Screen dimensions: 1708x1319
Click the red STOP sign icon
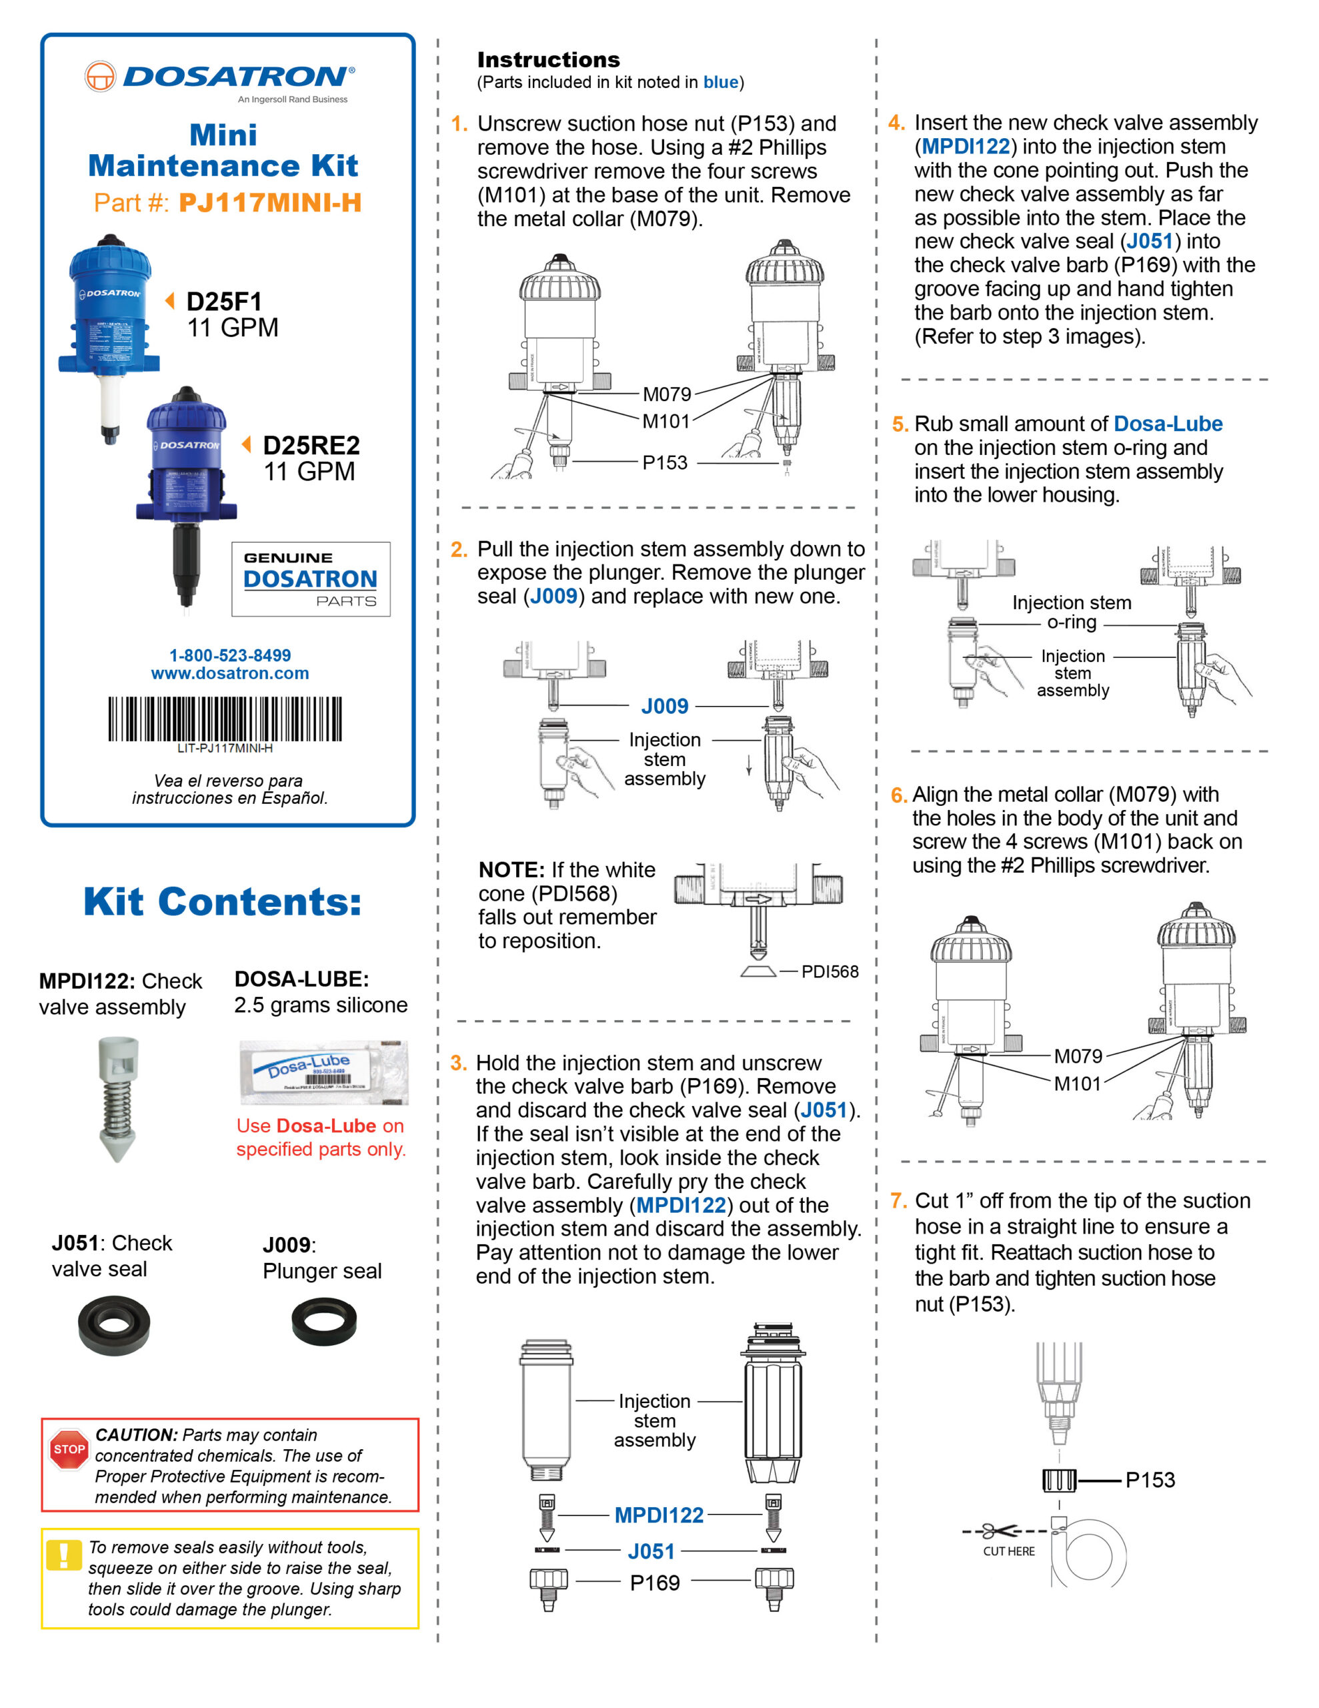[x=69, y=1449]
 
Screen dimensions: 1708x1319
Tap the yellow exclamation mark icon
[x=63, y=1555]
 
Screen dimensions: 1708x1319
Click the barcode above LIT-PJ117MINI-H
[x=225, y=718]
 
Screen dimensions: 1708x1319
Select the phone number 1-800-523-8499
[x=230, y=655]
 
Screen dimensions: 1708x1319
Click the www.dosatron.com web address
[x=230, y=673]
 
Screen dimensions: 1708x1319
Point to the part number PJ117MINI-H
[x=270, y=203]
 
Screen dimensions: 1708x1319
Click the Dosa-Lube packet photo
[x=323, y=1072]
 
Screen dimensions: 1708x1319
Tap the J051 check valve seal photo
[x=114, y=1324]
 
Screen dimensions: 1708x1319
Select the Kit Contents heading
[x=223, y=902]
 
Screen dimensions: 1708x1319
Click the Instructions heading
[x=548, y=59]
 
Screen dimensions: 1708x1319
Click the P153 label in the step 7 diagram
[x=1150, y=1480]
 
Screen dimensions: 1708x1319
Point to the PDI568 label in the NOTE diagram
[x=830, y=971]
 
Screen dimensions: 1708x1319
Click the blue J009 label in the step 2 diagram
[x=665, y=706]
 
